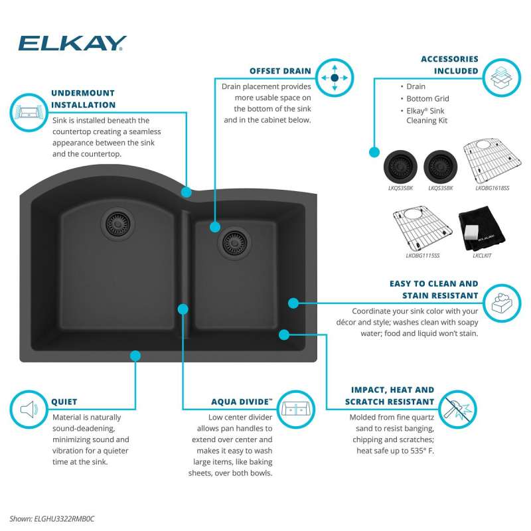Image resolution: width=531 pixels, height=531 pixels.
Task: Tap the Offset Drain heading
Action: (x=279, y=71)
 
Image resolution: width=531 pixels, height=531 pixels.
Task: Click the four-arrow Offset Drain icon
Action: (x=334, y=78)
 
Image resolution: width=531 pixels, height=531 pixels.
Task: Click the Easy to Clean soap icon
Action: (x=502, y=304)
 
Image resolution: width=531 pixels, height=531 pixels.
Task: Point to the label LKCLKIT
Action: (x=483, y=255)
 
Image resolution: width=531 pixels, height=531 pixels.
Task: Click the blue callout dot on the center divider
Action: (x=184, y=309)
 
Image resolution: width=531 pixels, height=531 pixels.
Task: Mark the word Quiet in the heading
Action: (x=64, y=402)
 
